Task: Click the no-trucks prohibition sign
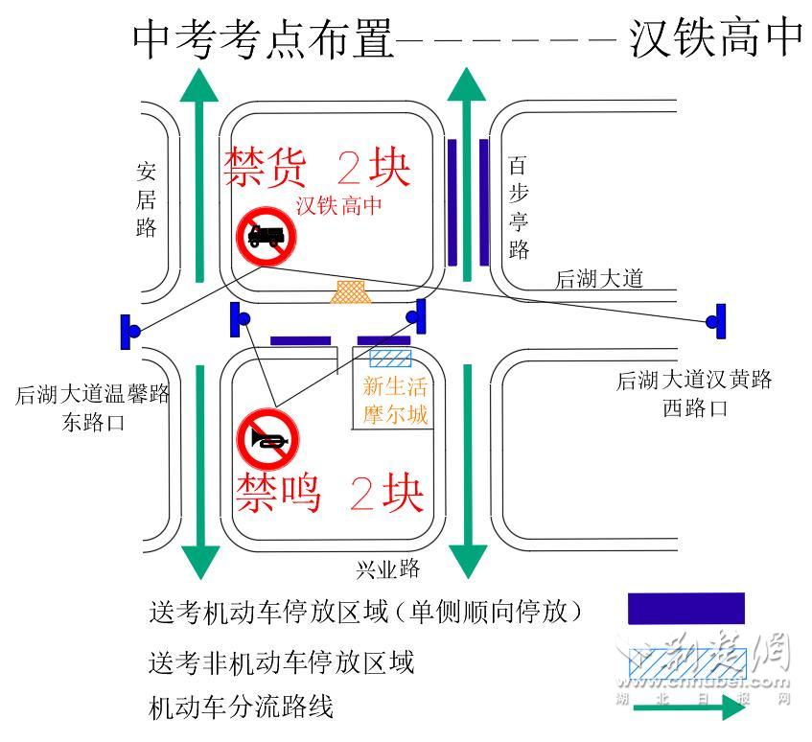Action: click(266, 236)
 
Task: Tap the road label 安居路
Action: click(147, 199)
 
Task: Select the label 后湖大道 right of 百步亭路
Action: click(599, 279)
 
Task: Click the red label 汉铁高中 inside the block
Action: click(338, 204)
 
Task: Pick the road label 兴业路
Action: click(388, 568)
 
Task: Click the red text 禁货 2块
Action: click(317, 168)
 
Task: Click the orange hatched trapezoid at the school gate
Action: click(351, 292)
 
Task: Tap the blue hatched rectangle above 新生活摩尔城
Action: click(391, 359)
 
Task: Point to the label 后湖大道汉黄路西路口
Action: click(694, 394)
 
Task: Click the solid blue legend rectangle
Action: click(685, 609)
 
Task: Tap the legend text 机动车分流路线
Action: click(242, 708)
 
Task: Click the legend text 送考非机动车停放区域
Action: click(282, 661)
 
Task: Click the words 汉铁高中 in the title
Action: click(715, 39)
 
